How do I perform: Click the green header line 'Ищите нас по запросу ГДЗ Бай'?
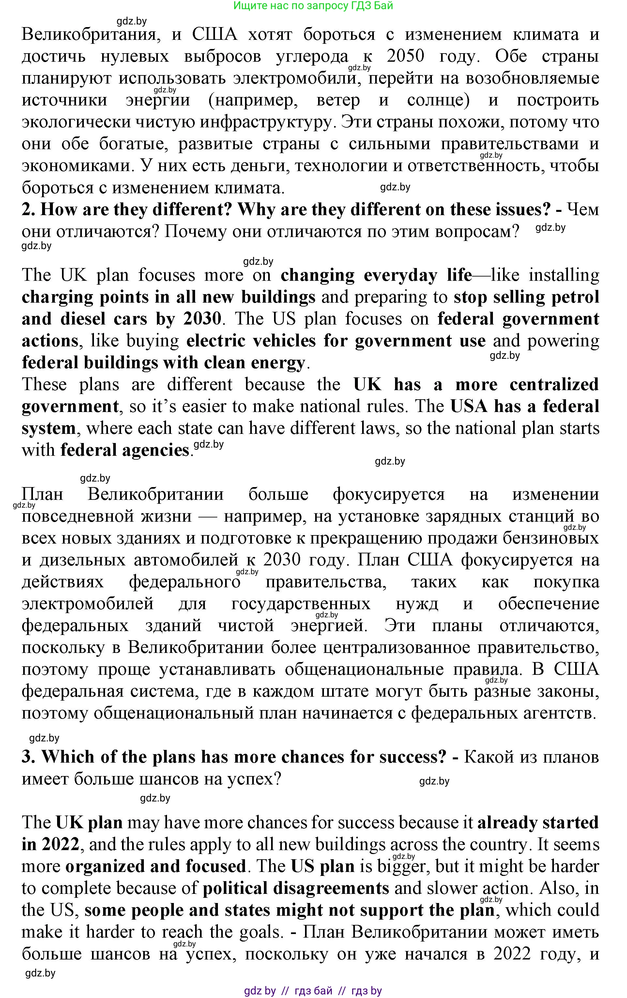(x=313, y=6)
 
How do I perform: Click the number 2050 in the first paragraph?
(x=405, y=56)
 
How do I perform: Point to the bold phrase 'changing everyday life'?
(x=376, y=275)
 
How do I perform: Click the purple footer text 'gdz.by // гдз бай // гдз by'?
(x=313, y=991)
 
